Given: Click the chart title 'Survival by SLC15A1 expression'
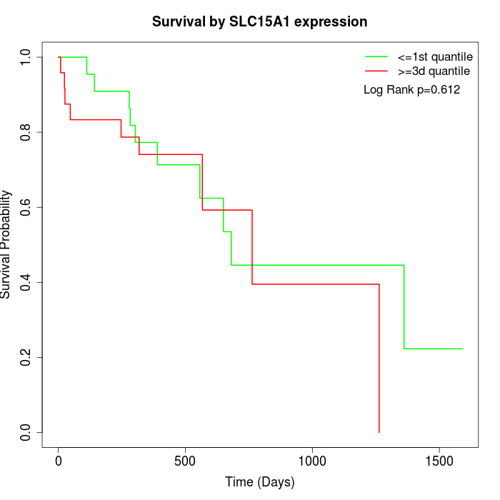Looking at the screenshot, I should click(x=259, y=22).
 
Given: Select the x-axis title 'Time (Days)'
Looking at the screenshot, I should click(x=259, y=482).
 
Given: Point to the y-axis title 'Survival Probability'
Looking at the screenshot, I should click(x=6, y=244).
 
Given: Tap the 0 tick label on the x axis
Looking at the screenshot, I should click(x=59, y=461).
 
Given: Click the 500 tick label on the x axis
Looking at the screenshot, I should click(x=185, y=461).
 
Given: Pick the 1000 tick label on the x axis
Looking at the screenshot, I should click(x=312, y=461).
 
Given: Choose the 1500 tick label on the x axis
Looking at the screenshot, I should click(x=439, y=461).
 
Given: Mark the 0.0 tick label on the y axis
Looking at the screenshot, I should click(x=26, y=432).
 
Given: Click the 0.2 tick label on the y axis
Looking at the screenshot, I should click(x=26, y=357).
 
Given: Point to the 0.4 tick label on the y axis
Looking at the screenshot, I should click(x=26, y=282).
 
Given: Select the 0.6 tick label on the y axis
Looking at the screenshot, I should click(x=26, y=207).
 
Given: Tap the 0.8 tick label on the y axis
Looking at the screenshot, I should click(x=26, y=132).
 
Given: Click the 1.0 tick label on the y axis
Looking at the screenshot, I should click(x=26, y=57).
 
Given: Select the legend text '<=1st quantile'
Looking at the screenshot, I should click(x=434, y=56).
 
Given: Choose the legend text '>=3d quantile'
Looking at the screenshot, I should click(x=434, y=71).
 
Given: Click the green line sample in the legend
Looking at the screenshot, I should click(x=376, y=56).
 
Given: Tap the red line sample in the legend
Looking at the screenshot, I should click(x=376, y=71).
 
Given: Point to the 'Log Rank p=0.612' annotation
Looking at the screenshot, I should click(x=411, y=90).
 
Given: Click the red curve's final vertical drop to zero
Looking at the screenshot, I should click(x=379, y=357).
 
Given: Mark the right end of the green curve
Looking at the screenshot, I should click(x=462, y=349).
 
